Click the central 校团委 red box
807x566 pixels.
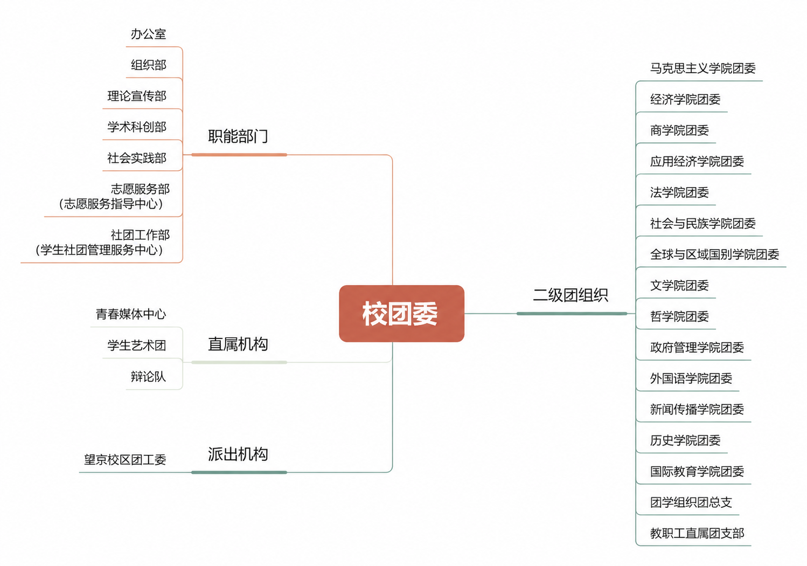[401, 313]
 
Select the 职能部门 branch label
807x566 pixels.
[238, 136]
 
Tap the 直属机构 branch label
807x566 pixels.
[238, 344]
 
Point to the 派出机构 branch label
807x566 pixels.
[238, 454]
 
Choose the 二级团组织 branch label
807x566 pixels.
[571, 295]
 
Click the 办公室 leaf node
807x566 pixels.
[149, 34]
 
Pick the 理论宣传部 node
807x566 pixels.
[137, 96]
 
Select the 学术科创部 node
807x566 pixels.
[137, 127]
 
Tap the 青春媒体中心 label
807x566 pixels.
[131, 314]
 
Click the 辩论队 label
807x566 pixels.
[149, 376]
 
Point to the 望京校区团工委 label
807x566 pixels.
[125, 460]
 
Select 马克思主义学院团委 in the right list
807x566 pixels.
[703, 68]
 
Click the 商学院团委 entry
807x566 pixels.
[679, 130]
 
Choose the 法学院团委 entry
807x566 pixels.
[679, 192]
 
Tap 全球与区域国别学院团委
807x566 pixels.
[714, 254]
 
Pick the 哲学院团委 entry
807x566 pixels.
[679, 316]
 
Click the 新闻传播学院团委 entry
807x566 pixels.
[697, 409]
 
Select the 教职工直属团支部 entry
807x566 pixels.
[697, 533]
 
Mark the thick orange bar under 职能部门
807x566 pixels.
[239, 155]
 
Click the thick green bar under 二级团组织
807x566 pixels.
[572, 314]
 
